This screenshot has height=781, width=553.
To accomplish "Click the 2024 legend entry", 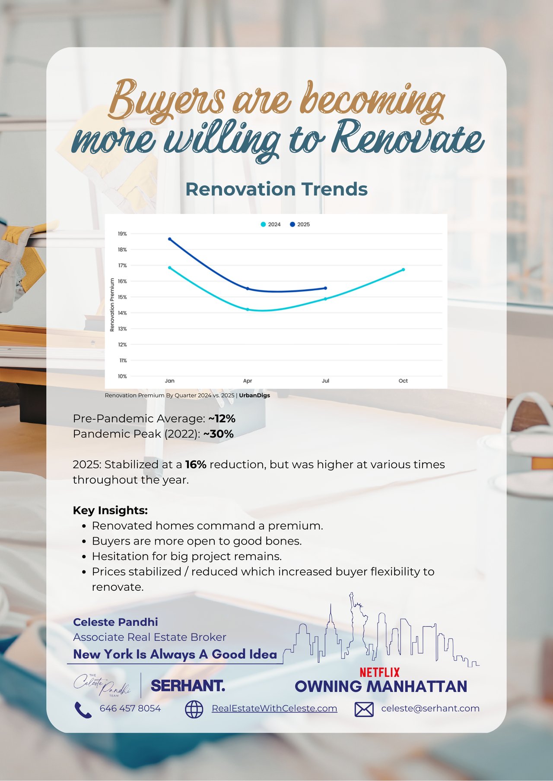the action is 271,224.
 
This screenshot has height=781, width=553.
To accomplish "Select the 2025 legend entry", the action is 300,224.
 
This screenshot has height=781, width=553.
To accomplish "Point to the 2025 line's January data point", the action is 170,239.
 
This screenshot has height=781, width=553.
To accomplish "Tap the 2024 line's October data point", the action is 403,270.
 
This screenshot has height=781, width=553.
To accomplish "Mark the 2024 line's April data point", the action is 248,309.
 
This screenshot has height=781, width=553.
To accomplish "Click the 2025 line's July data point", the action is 325,288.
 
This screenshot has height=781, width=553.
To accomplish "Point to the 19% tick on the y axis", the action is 122,234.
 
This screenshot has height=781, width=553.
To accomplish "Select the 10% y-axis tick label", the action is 122,376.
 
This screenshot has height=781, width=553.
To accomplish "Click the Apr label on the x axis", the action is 248,381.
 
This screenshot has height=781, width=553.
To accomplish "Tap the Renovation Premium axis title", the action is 112,305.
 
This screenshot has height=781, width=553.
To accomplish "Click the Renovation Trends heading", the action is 276,189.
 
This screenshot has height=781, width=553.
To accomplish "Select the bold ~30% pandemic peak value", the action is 219,434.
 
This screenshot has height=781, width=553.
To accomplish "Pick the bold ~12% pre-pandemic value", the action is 222,419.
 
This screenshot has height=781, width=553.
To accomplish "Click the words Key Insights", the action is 110,510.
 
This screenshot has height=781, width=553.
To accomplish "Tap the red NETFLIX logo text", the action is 380,672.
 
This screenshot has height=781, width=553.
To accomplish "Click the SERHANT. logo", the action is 188,686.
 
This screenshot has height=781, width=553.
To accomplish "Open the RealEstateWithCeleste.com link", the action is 274,709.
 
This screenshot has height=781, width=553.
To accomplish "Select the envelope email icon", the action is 364,709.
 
